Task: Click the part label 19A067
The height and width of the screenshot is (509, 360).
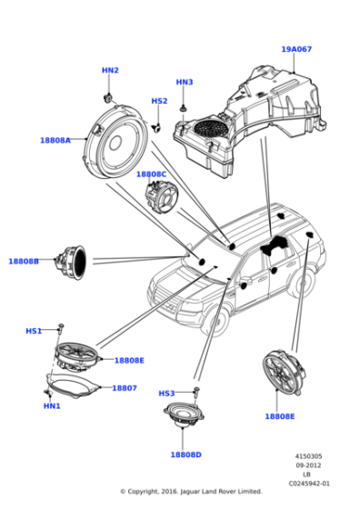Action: pyautogui.click(x=296, y=49)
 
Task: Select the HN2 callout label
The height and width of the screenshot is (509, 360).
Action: pyautogui.click(x=110, y=70)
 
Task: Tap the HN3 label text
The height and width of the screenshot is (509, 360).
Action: pyautogui.click(x=185, y=82)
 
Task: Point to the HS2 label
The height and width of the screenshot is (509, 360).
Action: pyautogui.click(x=159, y=101)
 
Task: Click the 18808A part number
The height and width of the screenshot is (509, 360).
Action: pyautogui.click(x=55, y=140)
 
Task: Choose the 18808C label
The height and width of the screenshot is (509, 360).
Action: pyautogui.click(x=151, y=175)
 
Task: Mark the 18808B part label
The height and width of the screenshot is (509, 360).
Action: pyautogui.click(x=24, y=261)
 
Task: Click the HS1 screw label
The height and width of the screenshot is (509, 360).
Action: pyautogui.click(x=34, y=331)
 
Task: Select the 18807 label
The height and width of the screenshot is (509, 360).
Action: pyautogui.click(x=125, y=388)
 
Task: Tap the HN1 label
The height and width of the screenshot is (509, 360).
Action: pyautogui.click(x=52, y=405)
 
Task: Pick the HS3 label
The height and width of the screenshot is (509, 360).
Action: pyautogui.click(x=166, y=394)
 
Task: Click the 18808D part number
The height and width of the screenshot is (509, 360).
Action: pyautogui.click(x=186, y=454)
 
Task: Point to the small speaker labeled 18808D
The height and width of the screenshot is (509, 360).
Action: pyautogui.click(x=184, y=414)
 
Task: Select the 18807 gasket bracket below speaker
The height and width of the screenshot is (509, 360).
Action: pyautogui.click(x=73, y=386)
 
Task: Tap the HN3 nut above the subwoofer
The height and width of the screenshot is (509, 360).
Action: pyautogui.click(x=185, y=108)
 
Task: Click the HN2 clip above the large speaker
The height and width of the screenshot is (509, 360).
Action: pyautogui.click(x=107, y=97)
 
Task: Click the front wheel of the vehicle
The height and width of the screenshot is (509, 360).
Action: pyautogui.click(x=215, y=320)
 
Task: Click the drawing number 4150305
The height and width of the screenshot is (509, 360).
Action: pyautogui.click(x=309, y=456)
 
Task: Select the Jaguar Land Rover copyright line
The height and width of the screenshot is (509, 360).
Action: pyautogui.click(x=191, y=492)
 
